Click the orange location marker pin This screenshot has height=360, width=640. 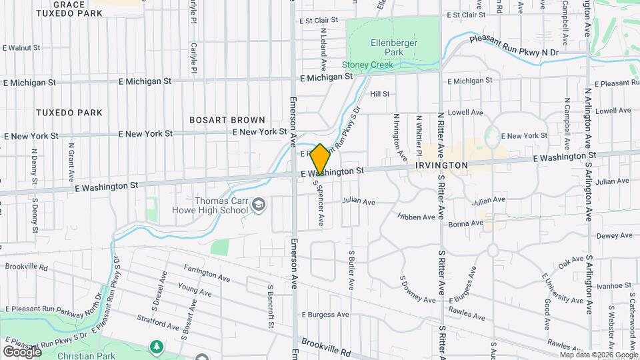pos(320,160)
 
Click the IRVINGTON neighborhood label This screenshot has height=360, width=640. pos(441,164)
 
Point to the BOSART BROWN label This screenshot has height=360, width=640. pos(223,120)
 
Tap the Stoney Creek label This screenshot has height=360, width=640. pos(367,65)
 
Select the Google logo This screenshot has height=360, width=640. pos(22,351)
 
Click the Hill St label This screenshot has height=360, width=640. pos(379,94)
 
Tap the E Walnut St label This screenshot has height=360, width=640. pos(22,48)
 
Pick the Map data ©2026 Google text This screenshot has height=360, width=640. pos(598,355)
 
